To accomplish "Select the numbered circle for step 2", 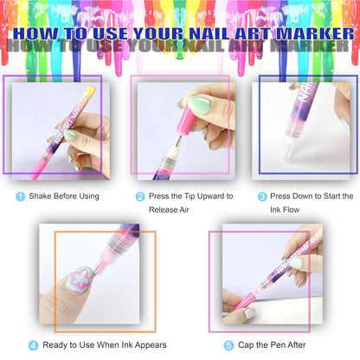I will (139, 196).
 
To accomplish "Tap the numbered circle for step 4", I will (33, 344).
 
